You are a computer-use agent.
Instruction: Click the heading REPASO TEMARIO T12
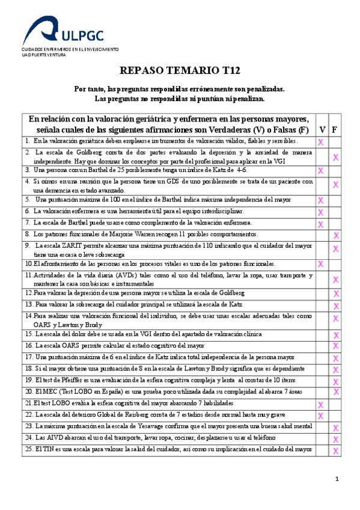click(x=180, y=70)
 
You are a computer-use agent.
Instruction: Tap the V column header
click(x=322, y=129)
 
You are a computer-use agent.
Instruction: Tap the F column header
click(x=334, y=129)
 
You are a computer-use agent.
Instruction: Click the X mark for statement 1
click(x=321, y=142)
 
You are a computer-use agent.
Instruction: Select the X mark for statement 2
click(x=335, y=157)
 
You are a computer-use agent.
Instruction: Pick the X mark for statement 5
click(x=321, y=200)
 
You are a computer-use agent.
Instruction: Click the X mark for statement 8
click(x=336, y=235)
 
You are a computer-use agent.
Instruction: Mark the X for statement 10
click(x=321, y=264)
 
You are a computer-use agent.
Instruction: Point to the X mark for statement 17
click(x=336, y=357)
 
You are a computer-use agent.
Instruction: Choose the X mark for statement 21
click(x=321, y=404)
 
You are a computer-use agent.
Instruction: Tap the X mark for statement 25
click(x=336, y=450)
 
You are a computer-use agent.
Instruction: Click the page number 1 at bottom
click(x=337, y=479)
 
